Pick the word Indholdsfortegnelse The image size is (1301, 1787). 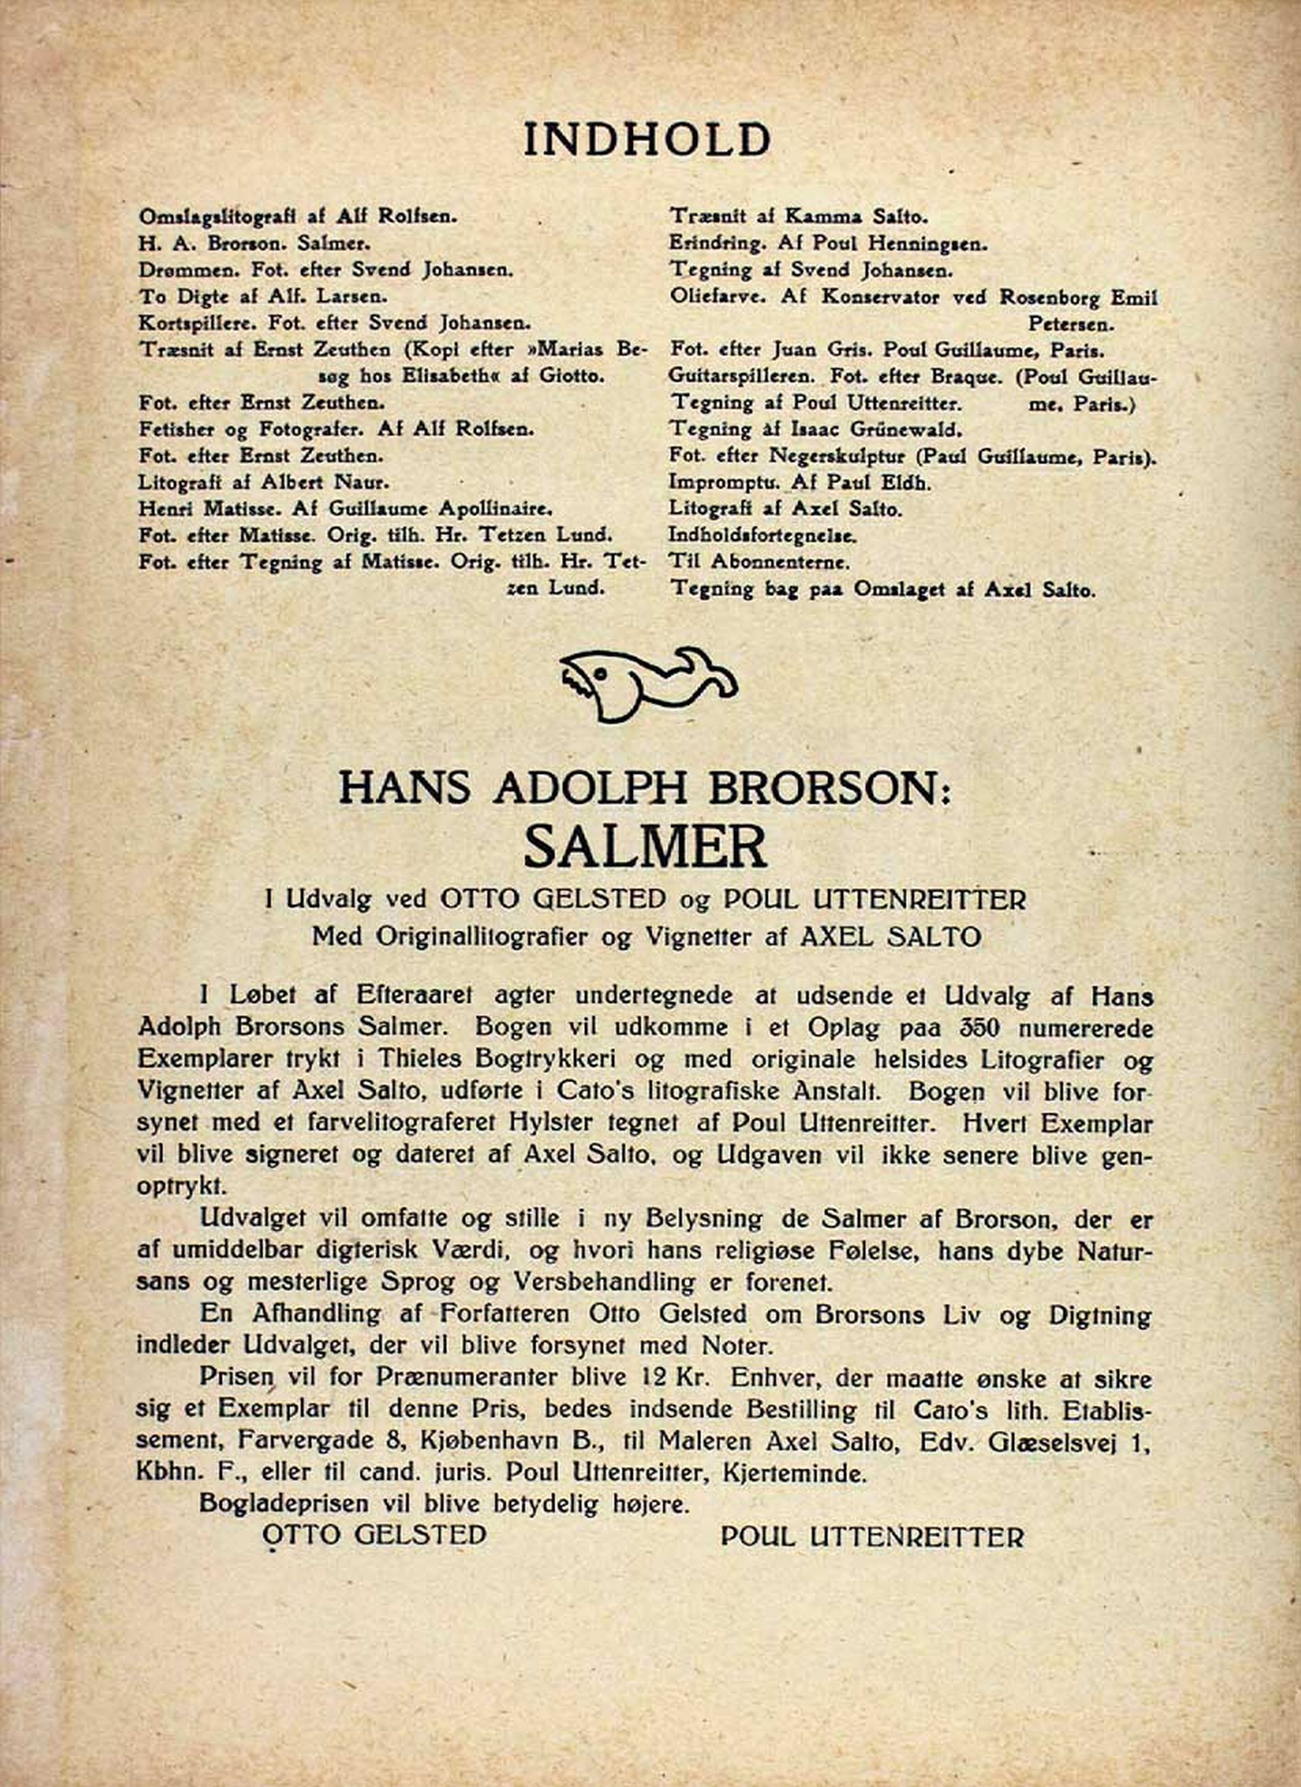tap(762, 536)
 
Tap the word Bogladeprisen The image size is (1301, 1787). tap(284, 1503)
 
